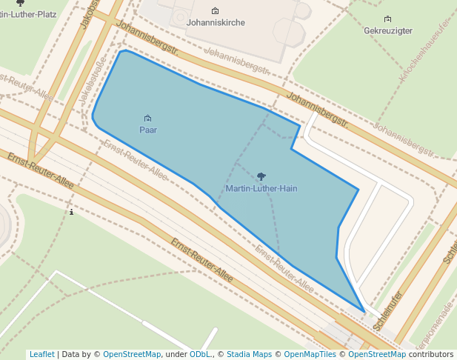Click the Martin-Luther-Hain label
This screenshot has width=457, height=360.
(261, 189)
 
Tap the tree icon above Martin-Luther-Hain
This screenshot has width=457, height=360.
(261, 177)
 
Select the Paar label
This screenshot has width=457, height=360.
(148, 130)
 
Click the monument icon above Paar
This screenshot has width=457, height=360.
(148, 119)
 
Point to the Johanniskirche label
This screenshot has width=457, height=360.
(216, 23)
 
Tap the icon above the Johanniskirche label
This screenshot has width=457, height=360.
(216, 11)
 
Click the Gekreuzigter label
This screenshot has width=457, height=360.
(388, 31)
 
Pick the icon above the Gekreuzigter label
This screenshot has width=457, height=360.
(388, 19)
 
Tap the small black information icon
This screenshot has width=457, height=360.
(71, 213)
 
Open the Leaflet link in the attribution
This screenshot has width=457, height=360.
(41, 355)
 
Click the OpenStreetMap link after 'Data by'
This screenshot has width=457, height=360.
(132, 355)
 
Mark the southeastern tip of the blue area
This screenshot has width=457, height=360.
(364, 312)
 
